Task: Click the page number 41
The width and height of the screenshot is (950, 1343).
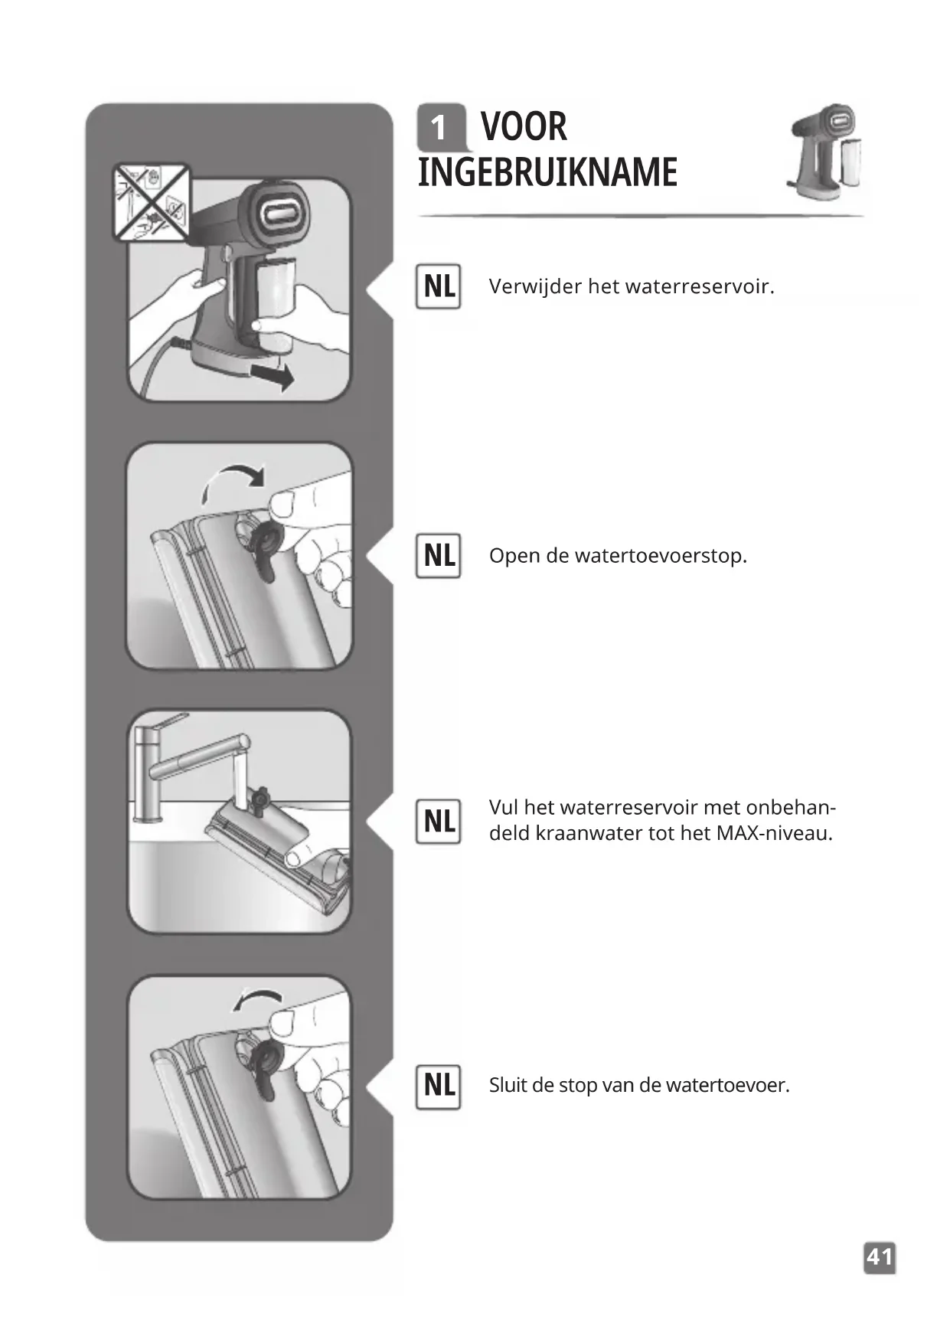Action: point(880,1257)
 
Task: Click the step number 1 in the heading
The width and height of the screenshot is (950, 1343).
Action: point(439,128)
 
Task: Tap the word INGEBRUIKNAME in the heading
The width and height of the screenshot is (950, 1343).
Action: point(547,172)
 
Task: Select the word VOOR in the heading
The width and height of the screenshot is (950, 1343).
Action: point(524,126)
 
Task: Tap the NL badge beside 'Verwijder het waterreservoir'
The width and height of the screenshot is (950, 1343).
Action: point(439,286)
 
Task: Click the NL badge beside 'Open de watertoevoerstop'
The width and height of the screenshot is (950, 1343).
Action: point(439,555)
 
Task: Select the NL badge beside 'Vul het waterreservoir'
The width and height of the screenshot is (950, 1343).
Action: point(439,821)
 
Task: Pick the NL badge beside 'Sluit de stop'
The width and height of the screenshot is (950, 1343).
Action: point(439,1086)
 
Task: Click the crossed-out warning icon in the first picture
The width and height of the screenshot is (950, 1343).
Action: point(151,202)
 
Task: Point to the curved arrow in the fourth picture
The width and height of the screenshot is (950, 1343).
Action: point(256,998)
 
